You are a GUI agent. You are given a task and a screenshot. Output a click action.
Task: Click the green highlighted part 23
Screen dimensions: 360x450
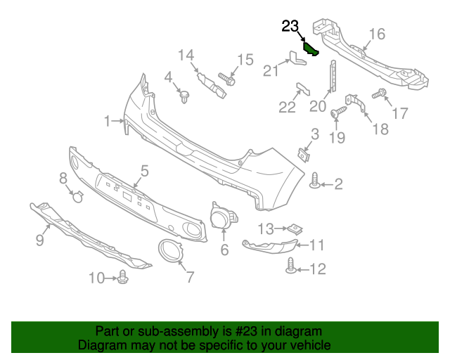311,50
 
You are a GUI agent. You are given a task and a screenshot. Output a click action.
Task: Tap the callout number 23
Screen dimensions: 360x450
290,27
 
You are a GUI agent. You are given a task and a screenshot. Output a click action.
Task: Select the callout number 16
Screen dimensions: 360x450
377,34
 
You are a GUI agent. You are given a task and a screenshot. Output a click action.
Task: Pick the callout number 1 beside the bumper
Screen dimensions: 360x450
108,122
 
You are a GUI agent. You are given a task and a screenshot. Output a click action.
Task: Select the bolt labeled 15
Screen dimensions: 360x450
226,77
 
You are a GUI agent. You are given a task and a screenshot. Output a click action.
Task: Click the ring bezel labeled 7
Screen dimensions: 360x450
169,251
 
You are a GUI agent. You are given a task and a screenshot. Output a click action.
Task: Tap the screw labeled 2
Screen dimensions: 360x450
316,184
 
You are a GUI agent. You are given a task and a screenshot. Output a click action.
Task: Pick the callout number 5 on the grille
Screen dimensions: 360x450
144,170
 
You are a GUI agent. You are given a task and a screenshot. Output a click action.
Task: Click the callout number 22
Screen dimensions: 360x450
288,107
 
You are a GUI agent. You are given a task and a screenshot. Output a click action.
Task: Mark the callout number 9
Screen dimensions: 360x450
39,240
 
